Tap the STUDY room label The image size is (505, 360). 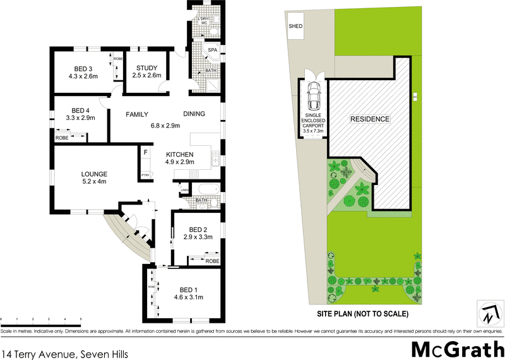[x=146, y=69]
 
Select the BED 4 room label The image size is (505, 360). [x=80, y=109]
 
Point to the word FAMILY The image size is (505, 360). [x=136, y=114]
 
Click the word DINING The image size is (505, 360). [x=194, y=114]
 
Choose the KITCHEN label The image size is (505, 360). [x=179, y=154]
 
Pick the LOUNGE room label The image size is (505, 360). [x=94, y=174]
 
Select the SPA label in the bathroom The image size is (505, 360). [x=213, y=49]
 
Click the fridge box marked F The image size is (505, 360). [x=145, y=152]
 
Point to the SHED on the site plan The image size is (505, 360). [x=295, y=27]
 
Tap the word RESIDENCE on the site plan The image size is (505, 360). [x=371, y=119]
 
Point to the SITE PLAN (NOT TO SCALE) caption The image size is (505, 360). [x=362, y=314]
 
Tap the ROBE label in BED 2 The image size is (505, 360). [x=211, y=260]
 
